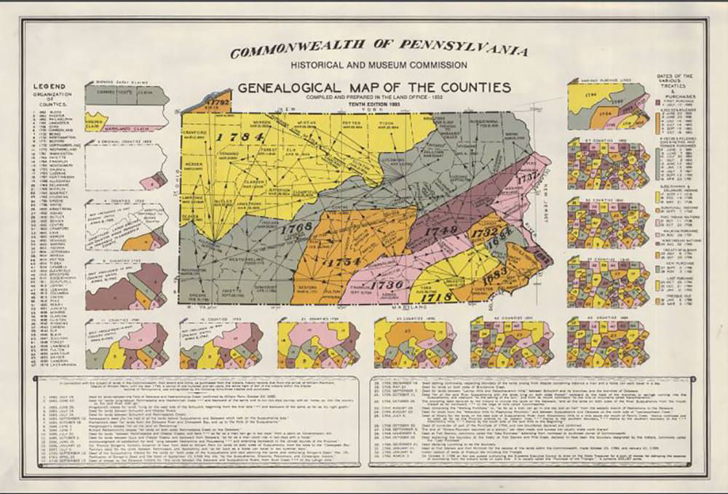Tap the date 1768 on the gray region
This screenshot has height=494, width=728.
[295, 228]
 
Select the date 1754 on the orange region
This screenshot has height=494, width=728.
[343, 262]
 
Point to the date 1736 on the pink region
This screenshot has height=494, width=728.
[387, 284]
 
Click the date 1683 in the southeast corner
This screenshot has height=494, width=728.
[495, 276]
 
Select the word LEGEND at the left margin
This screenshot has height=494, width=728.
[47, 87]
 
